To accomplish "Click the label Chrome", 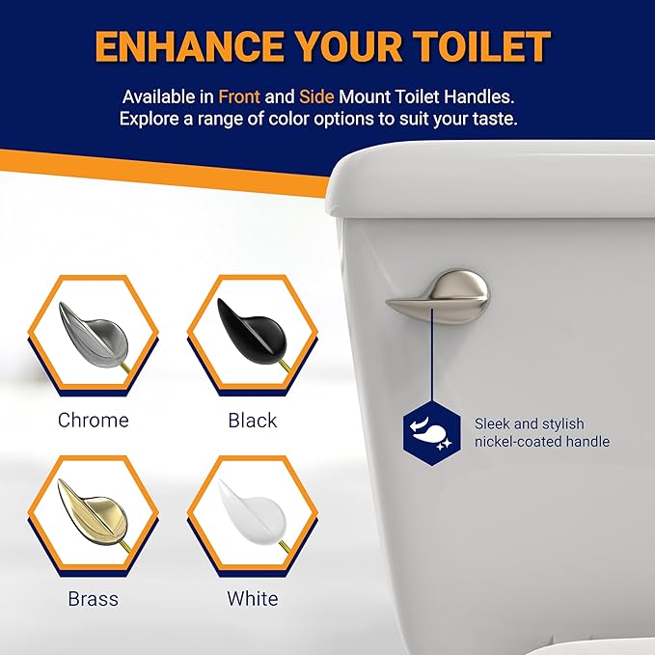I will click(93, 421).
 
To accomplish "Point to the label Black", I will click(253, 421).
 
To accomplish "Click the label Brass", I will click(93, 599).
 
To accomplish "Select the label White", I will click(253, 599).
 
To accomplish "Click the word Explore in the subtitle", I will click(151, 120).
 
